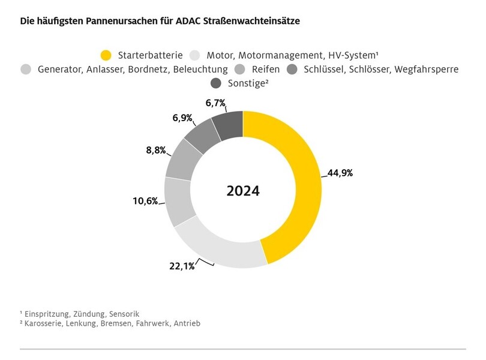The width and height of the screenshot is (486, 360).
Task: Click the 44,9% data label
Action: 340,173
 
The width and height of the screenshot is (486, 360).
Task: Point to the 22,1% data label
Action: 181,266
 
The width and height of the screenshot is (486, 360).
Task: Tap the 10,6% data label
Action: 145,201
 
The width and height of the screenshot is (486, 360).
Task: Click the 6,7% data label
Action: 214,103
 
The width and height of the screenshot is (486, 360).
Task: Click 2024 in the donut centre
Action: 243,191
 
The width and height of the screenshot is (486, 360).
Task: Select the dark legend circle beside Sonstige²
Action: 217,83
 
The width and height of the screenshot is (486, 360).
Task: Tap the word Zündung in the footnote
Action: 89,314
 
